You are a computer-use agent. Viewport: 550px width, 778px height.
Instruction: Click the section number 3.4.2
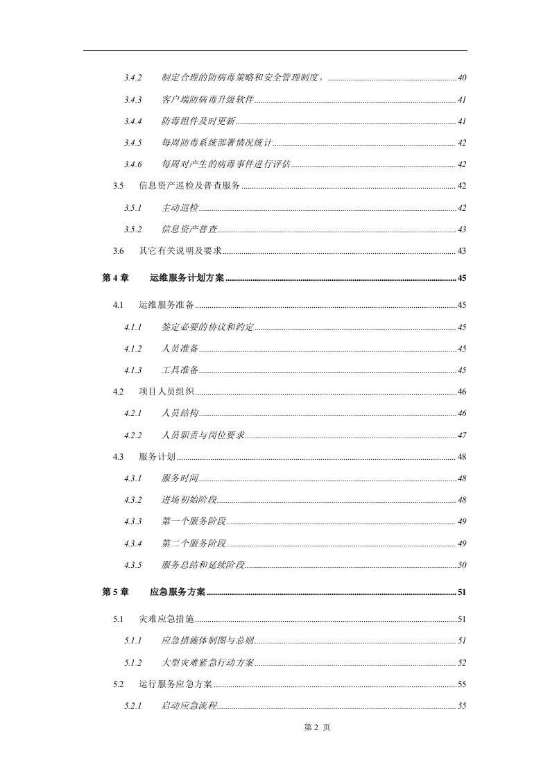(x=133, y=78)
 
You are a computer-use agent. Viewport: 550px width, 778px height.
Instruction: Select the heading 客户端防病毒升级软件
(x=208, y=100)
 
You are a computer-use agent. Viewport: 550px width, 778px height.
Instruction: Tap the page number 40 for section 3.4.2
(x=462, y=78)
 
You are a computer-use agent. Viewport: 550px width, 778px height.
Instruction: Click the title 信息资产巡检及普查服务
(x=189, y=186)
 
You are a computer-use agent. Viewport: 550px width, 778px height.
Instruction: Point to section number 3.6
(x=119, y=251)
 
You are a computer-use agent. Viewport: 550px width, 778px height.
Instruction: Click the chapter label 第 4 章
(x=116, y=278)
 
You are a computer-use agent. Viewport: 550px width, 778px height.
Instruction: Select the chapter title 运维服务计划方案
(x=187, y=278)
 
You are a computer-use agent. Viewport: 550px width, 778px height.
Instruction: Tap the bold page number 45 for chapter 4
(x=462, y=278)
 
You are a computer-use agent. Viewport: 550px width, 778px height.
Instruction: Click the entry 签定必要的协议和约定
(x=208, y=327)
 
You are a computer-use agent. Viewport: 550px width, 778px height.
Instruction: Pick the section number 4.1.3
(x=133, y=370)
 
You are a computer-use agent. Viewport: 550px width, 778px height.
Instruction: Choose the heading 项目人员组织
(x=166, y=392)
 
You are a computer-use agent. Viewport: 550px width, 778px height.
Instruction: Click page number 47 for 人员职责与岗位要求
(x=462, y=435)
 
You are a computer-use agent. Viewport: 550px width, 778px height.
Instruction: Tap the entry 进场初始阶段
(x=189, y=500)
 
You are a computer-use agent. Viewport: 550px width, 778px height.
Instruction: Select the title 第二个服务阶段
(x=194, y=543)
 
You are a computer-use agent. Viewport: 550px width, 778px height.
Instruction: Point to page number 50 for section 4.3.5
(x=462, y=565)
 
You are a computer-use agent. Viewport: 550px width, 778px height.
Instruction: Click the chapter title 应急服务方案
(x=178, y=592)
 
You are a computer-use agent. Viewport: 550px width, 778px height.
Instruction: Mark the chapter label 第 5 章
(x=116, y=592)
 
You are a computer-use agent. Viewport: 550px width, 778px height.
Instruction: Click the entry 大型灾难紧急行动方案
(x=208, y=663)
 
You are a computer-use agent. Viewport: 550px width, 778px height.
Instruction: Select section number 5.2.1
(x=133, y=706)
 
